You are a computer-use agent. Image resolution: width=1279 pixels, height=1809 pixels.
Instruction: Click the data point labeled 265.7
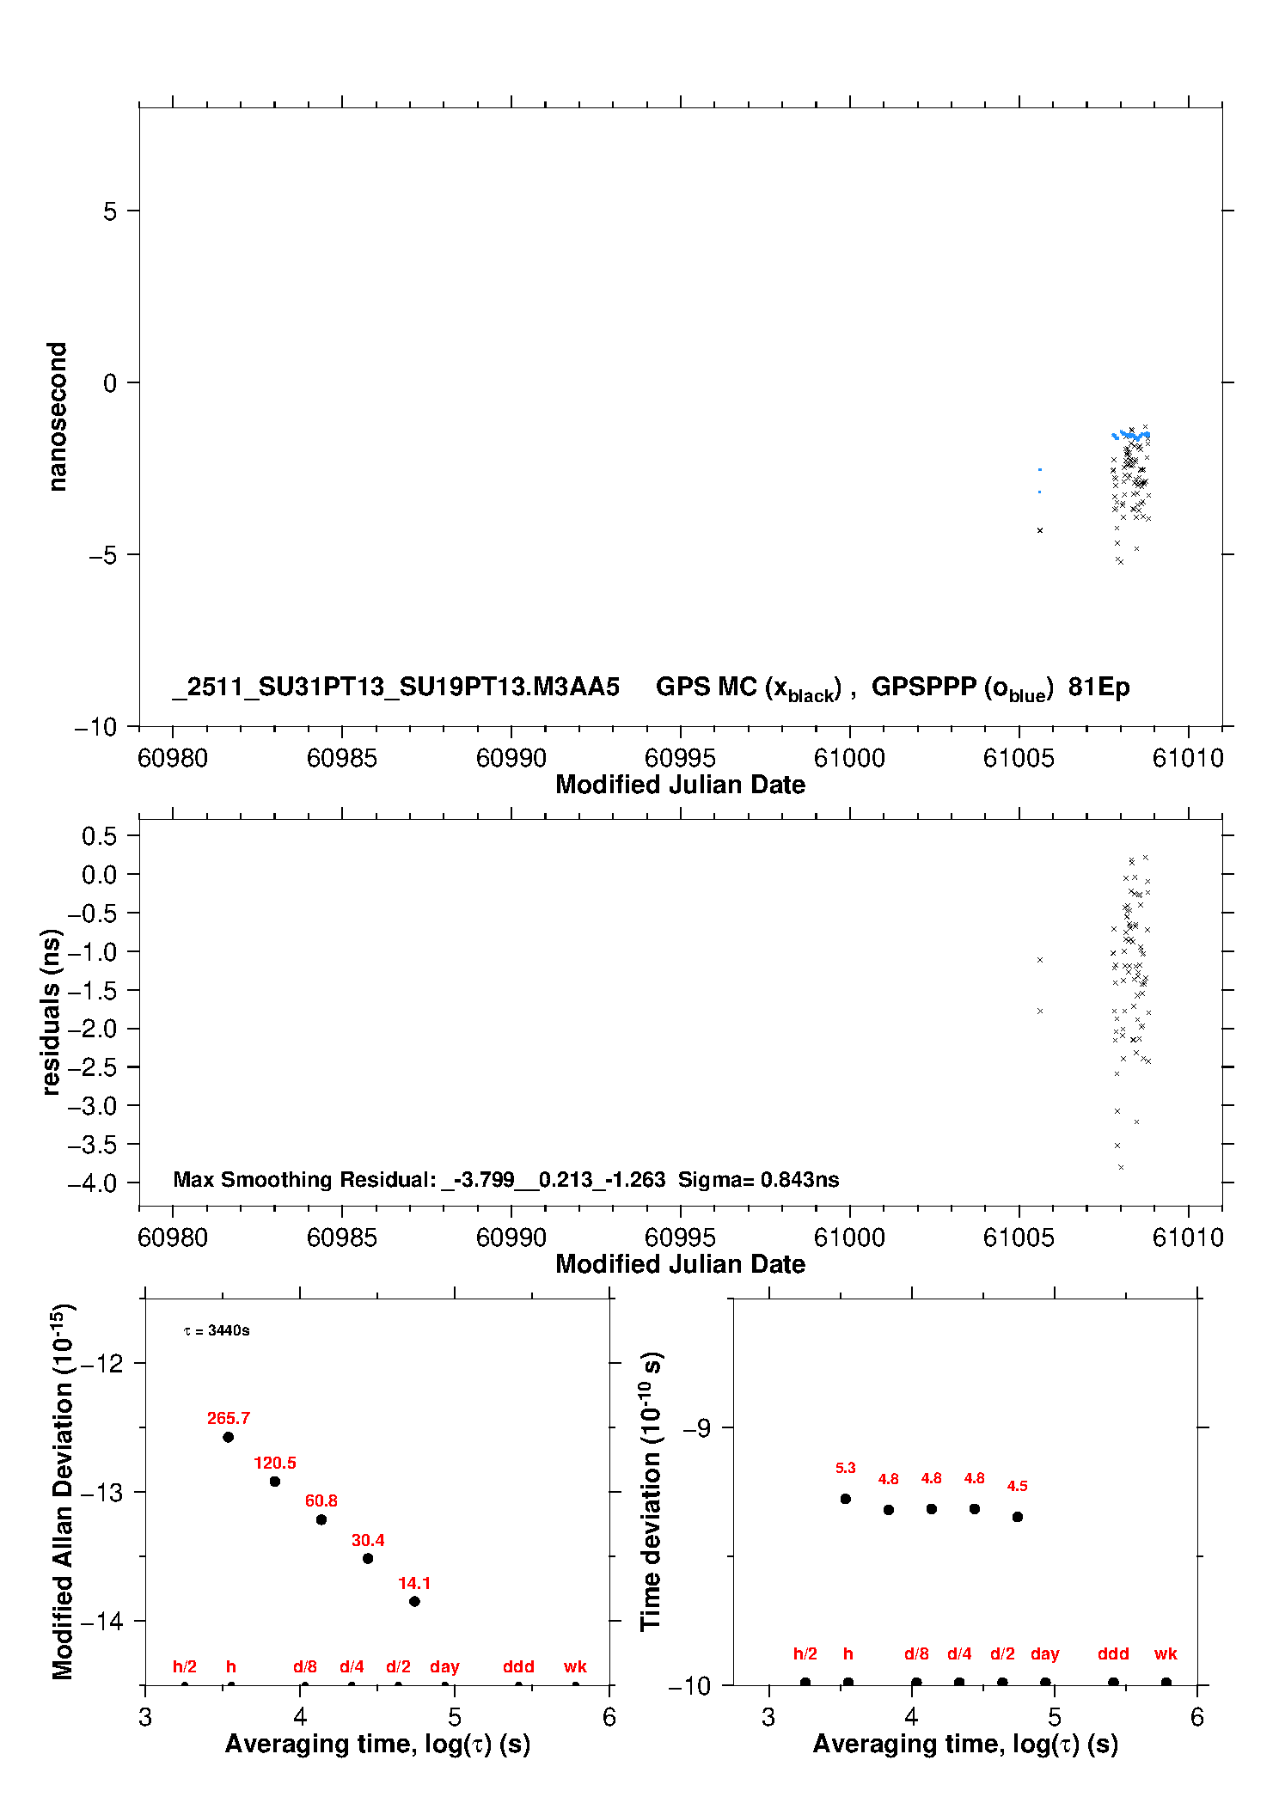228,1437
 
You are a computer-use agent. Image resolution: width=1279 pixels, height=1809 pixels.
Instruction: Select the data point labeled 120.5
275,1482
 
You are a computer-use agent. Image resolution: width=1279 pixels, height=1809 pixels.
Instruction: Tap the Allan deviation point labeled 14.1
414,1601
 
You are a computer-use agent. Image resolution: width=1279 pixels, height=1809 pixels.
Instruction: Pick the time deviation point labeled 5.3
846,1499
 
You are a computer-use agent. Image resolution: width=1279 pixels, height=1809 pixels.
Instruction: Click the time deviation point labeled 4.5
1018,1517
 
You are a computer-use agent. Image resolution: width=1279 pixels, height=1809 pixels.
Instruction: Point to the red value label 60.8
321,1500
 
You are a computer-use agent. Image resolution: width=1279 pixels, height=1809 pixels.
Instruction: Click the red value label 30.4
368,1540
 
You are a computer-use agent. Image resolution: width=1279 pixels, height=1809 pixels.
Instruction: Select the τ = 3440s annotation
217,1330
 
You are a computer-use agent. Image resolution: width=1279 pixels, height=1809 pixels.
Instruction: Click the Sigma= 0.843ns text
758,1179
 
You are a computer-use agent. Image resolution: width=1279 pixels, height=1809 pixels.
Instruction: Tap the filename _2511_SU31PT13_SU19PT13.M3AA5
395,687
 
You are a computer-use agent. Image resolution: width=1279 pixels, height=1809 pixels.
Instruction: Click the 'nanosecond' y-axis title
57,417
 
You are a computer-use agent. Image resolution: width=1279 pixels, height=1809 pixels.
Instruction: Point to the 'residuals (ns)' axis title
52,1011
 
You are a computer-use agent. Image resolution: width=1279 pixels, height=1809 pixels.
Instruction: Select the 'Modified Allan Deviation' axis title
62,1491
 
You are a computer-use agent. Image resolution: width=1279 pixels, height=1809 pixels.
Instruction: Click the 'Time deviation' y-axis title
651,1491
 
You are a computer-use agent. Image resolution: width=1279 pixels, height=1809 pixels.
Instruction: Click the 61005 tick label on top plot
1019,758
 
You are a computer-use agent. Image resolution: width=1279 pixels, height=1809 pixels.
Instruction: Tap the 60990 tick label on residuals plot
511,1238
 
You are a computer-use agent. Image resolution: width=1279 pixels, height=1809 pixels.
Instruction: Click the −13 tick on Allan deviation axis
101,1493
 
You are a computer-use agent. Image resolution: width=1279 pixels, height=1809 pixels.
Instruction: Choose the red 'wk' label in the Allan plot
575,1666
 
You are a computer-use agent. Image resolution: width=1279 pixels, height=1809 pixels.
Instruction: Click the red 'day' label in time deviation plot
1045,1653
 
